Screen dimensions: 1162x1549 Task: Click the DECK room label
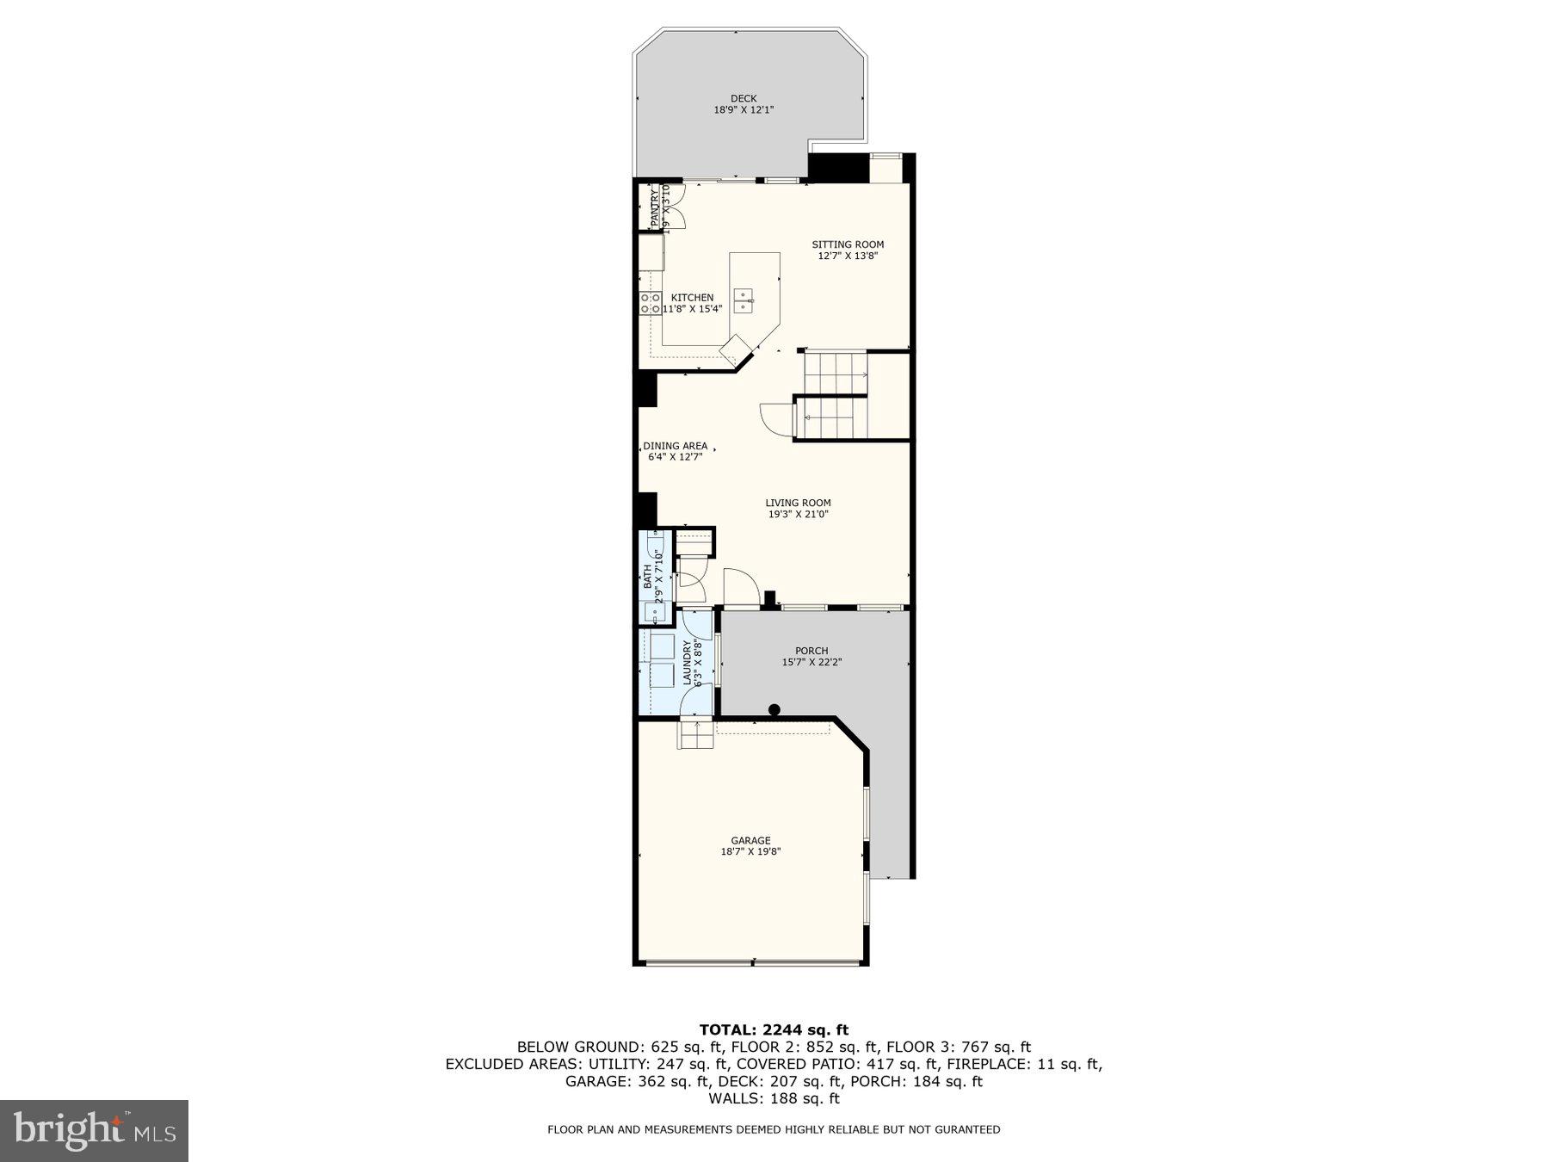pyautogui.click(x=744, y=98)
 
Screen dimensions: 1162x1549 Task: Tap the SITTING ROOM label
pyautogui.click(x=848, y=244)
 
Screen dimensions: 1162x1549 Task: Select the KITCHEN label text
pyautogui.click(x=692, y=298)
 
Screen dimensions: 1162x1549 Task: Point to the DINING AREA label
pyautogui.click(x=676, y=446)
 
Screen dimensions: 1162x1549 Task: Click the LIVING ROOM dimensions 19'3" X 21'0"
pyautogui.click(x=799, y=515)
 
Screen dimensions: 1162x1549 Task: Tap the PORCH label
pyautogui.click(x=812, y=651)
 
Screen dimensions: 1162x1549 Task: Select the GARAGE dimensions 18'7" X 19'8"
pyautogui.click(x=750, y=851)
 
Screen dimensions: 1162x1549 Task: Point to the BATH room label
pyautogui.click(x=647, y=576)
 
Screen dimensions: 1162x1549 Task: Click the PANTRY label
pyautogui.click(x=655, y=207)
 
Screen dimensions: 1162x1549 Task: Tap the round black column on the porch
pyautogui.click(x=774, y=710)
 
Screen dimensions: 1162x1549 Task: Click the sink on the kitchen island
pyautogui.click(x=743, y=300)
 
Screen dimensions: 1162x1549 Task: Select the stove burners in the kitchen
pyautogui.click(x=650, y=302)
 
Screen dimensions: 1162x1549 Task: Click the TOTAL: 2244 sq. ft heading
pyautogui.click(x=774, y=1029)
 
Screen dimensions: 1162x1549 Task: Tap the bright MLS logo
pyautogui.click(x=94, y=1130)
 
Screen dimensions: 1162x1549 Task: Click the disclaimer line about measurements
pyautogui.click(x=774, y=1129)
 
